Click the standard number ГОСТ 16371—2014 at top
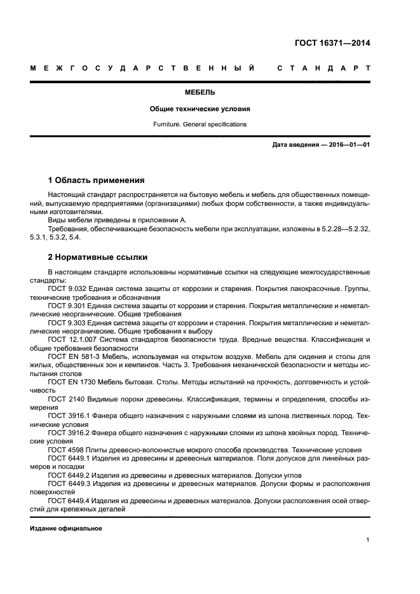[x=332, y=43]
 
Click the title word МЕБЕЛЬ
[x=200, y=93]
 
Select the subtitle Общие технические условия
[x=200, y=109]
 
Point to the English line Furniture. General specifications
[x=200, y=125]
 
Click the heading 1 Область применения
[x=97, y=180]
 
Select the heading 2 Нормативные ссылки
[x=98, y=257]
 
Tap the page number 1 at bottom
[x=368, y=540]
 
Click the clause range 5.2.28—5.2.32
[x=343, y=229]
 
